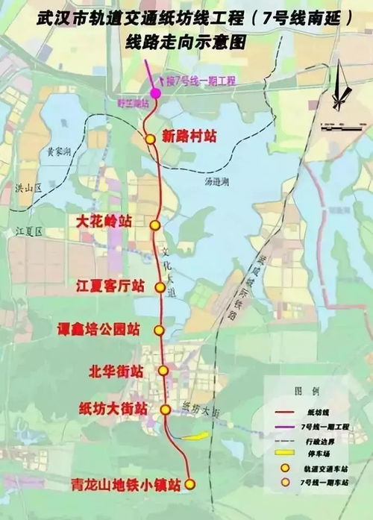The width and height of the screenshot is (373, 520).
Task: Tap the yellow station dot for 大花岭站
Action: [155, 225]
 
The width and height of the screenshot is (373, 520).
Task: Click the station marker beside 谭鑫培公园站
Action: [158, 330]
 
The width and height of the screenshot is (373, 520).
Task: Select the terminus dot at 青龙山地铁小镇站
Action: [189, 484]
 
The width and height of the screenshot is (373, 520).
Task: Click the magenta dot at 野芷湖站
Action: [155, 93]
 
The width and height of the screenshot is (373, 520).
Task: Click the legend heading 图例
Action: [305, 391]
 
